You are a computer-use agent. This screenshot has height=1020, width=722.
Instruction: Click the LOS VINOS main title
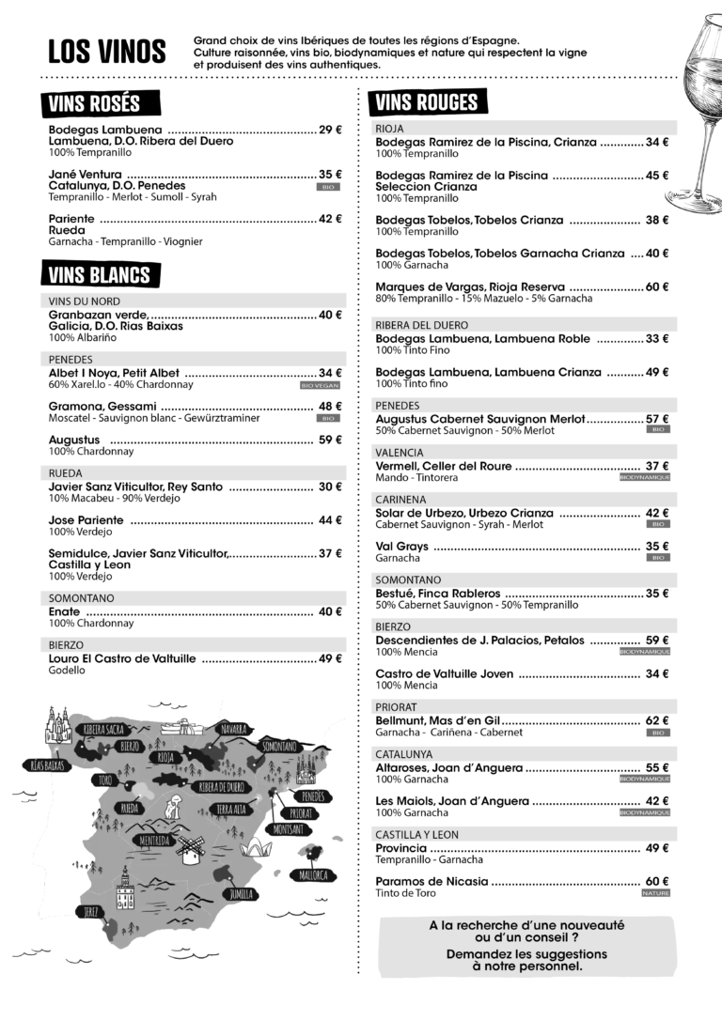pyautogui.click(x=106, y=53)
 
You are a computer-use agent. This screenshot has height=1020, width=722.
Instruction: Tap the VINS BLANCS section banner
pyautogui.click(x=99, y=274)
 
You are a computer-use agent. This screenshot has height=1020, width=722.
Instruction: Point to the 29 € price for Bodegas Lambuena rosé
pyautogui.click(x=330, y=130)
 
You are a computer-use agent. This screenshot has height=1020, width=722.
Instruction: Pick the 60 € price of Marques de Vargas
pyautogui.click(x=656, y=286)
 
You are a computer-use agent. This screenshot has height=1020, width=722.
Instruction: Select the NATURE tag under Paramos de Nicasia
pyautogui.click(x=655, y=893)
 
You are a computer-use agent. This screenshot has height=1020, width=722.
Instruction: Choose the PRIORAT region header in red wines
pyautogui.click(x=396, y=706)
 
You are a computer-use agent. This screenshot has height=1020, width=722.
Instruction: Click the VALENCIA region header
pyautogui.click(x=400, y=452)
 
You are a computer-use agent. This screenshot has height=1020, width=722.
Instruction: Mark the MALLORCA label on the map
pyautogui.click(x=313, y=875)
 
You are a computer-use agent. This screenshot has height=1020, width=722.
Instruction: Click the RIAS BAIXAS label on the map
pyautogui.click(x=47, y=765)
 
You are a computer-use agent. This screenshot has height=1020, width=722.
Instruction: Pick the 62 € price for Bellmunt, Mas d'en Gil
pyautogui.click(x=656, y=720)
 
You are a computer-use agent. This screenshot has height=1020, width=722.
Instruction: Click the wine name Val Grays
pyautogui.click(x=401, y=546)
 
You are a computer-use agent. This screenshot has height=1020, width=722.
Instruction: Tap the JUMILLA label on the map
pyautogui.click(x=242, y=892)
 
